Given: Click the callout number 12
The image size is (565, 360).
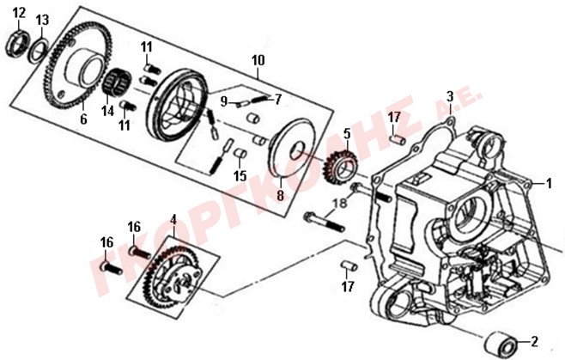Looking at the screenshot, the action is coord(20,14).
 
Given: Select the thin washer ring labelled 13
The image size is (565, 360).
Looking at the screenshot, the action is coord(39,51).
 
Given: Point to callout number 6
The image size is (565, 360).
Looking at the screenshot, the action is coord(83,119).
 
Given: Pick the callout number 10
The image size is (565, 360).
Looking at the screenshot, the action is coord(258,60).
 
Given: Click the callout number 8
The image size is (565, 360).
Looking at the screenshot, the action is coord(280,196).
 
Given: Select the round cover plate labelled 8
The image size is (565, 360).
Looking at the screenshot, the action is coord(293,148).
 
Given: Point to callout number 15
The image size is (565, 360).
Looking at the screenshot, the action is coord(240,176).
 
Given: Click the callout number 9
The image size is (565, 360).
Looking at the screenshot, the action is coord(224,102).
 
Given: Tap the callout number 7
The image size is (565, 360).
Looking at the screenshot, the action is coord(277,100).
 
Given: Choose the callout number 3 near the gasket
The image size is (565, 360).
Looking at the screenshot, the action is coord(450,97).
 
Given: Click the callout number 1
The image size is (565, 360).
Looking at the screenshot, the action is coord(549,184).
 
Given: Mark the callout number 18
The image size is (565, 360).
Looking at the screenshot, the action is coord(340,203).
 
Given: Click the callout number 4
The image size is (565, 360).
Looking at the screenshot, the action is coord(173,220).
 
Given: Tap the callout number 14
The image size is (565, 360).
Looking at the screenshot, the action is coord(107,111).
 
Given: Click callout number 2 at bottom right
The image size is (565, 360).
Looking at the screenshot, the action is coord(534,341).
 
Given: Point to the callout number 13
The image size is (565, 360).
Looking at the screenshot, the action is coord(42,20).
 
